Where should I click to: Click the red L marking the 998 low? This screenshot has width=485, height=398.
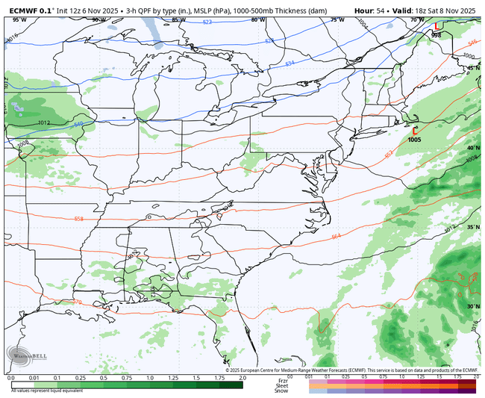click(x=436, y=28)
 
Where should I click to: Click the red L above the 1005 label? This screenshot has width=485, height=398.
click(x=415, y=130)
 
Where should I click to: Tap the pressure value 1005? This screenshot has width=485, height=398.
click(x=416, y=139)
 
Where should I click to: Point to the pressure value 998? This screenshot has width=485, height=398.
click(x=436, y=35)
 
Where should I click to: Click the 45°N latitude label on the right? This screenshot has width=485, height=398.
click(x=473, y=68)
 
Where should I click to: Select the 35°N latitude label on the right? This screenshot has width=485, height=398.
click(x=473, y=227)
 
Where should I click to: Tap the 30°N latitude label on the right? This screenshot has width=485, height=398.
click(x=473, y=306)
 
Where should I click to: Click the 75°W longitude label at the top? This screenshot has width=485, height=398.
click(x=337, y=19)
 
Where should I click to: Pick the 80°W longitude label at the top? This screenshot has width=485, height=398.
click(x=257, y=19)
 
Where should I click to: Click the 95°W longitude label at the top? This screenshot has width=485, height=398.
click(x=19, y=19)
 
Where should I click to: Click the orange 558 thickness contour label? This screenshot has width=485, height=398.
click(x=79, y=218)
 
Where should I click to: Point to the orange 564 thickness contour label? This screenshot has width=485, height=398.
click(x=337, y=235)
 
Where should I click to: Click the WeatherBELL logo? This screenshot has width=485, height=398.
click(x=30, y=355)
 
